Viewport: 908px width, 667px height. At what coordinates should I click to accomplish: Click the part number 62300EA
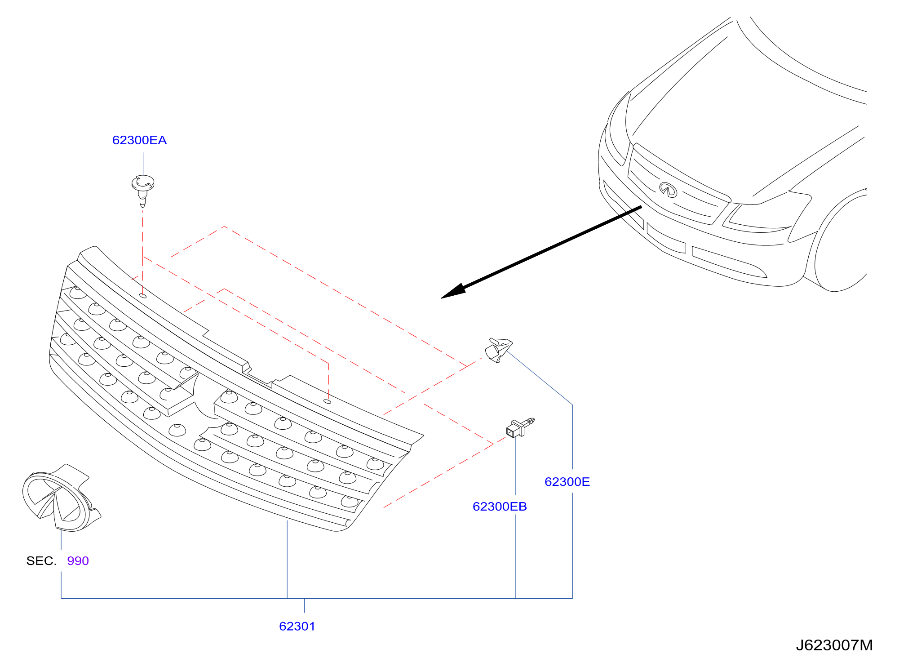tap(139, 140)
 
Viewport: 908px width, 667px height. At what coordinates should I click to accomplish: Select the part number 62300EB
tap(500, 507)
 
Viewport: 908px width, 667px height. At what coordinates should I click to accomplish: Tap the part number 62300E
tap(567, 482)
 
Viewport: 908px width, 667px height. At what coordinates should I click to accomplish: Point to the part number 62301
tap(297, 626)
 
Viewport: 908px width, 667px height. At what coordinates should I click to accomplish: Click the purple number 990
tap(78, 561)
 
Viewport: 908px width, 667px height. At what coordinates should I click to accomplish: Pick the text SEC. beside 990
tap(41, 561)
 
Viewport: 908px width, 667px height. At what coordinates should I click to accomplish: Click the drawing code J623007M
tap(834, 645)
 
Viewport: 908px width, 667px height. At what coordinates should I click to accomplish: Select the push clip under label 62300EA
tap(143, 190)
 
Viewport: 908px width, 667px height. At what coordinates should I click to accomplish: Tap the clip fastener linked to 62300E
tap(498, 350)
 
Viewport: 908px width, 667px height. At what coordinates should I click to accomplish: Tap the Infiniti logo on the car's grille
tap(668, 190)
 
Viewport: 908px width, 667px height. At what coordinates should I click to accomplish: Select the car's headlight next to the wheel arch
tap(759, 218)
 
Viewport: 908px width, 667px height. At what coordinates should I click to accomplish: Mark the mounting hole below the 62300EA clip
tap(143, 296)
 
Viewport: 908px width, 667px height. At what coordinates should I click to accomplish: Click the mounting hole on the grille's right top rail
tap(328, 401)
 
